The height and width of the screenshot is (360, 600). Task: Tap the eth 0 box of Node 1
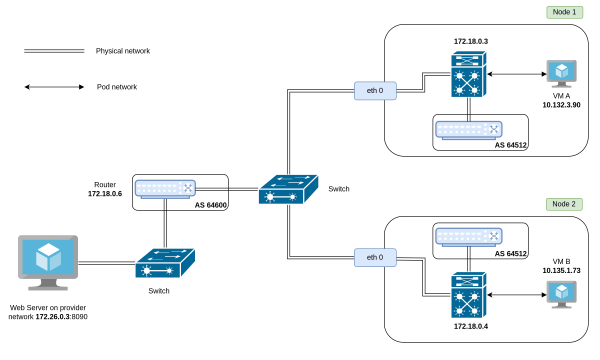pos(375,92)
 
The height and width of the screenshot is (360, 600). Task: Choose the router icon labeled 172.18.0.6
pos(165,189)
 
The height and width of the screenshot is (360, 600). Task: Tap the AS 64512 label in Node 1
pos(512,145)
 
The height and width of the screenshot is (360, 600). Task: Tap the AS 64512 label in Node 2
pos(512,254)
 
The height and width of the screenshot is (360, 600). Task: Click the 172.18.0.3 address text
pos(470,41)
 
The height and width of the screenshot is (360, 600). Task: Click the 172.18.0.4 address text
pos(469,326)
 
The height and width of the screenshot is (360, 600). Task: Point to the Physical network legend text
pos(123,50)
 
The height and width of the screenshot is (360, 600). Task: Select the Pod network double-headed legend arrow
pos(54,87)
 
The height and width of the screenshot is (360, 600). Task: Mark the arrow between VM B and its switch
pos(516,293)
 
